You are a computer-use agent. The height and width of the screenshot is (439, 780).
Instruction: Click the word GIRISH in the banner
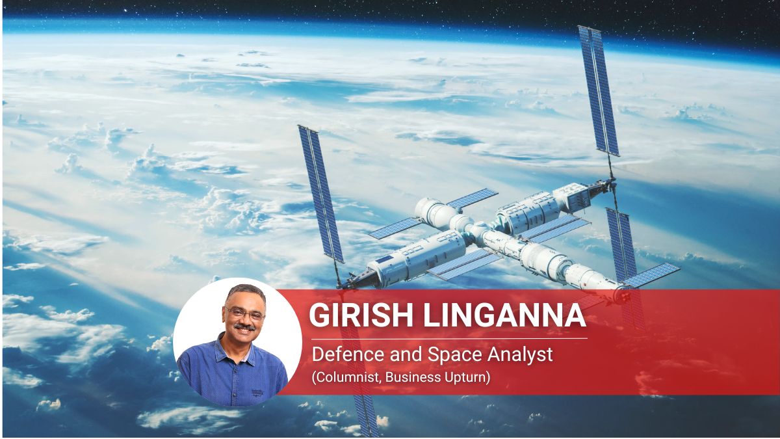click(361, 315)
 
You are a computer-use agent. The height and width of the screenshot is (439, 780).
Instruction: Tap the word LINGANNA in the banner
click(504, 315)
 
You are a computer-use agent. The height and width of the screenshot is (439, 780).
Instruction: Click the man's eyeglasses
click(245, 313)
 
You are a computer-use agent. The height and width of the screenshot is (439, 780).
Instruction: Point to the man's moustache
click(244, 327)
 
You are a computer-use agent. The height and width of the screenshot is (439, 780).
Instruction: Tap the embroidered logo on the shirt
click(257, 393)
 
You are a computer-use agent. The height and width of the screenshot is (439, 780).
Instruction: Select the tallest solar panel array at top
click(598, 91)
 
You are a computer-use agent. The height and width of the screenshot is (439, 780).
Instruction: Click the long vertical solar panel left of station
click(320, 194)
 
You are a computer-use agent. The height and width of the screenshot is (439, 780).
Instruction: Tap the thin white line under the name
click(449, 338)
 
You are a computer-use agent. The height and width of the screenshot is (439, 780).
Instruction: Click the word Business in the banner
click(412, 377)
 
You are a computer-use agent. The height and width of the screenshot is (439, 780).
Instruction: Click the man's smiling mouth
click(245, 332)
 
